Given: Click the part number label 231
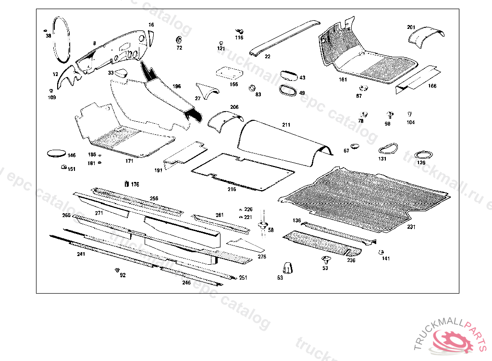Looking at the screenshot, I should tap(411, 227).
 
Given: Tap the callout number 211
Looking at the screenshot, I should tap(286, 125).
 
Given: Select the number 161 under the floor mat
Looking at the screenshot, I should tap(343, 79).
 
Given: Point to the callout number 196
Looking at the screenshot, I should tap(177, 87).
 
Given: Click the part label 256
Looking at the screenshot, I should tap(154, 198).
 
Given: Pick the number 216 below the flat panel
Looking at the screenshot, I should tap(232, 189).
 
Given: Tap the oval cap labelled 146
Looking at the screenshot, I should tap(55, 154).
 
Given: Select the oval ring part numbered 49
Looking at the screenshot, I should tap(288, 90).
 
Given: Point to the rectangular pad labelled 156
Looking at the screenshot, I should tap(229, 73).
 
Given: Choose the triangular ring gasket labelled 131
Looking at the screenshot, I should tap(389, 148).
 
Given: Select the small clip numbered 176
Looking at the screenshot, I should tap(126, 183).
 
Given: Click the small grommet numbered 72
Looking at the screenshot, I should tap(179, 39).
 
